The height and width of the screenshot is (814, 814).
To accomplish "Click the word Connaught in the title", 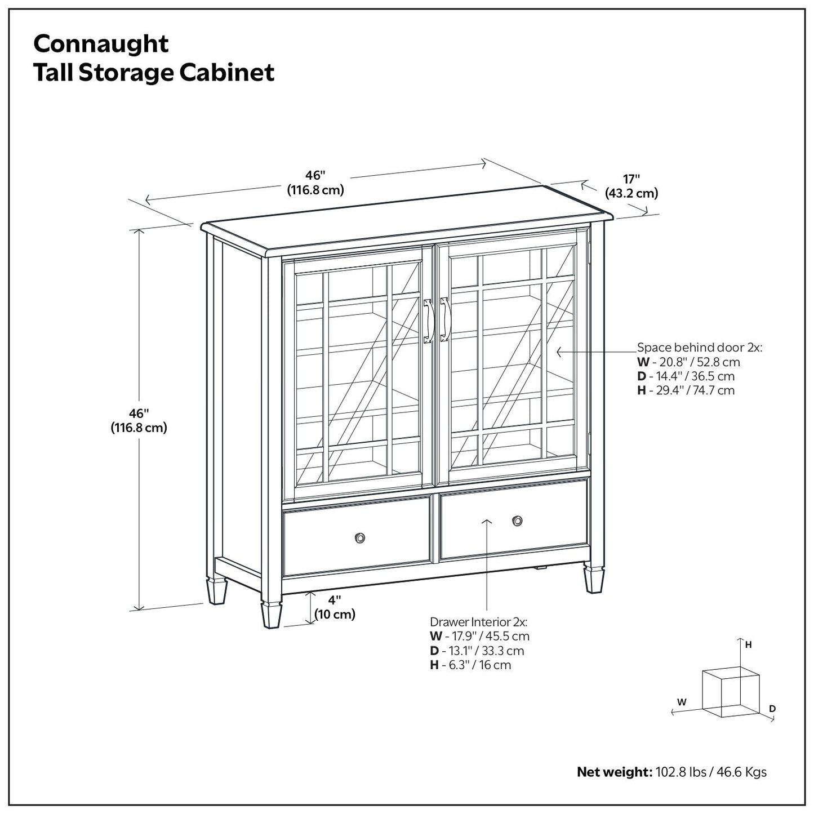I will pos(101,44).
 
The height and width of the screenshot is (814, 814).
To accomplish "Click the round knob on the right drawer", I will pos(517,521).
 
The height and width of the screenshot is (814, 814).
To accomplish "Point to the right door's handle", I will pos(444,319).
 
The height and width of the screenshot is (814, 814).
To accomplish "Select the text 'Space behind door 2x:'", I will pos(699,348).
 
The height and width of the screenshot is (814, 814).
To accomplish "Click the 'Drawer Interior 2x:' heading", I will pos(478,622).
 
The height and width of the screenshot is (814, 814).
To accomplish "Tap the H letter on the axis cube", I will pos(748,645).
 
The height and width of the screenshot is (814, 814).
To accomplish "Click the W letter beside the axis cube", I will pos(682,702).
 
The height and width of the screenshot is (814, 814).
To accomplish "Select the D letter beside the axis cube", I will pos(772,708).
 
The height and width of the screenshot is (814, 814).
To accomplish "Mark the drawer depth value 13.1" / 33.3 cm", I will pos(477,651).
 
